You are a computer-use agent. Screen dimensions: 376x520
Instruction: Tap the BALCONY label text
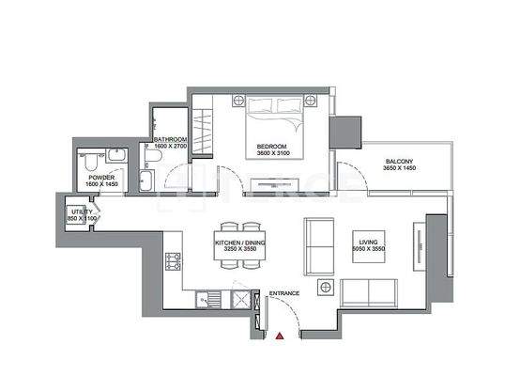398,161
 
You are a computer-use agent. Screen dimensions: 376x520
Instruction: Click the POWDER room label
101,177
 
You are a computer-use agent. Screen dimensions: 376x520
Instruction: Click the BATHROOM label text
171,140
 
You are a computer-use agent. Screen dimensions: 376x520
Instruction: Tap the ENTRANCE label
283,294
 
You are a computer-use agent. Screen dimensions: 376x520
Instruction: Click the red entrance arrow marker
279,334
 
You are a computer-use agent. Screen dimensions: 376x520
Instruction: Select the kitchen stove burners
173,261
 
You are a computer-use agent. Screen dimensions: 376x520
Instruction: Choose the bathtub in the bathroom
150,180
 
